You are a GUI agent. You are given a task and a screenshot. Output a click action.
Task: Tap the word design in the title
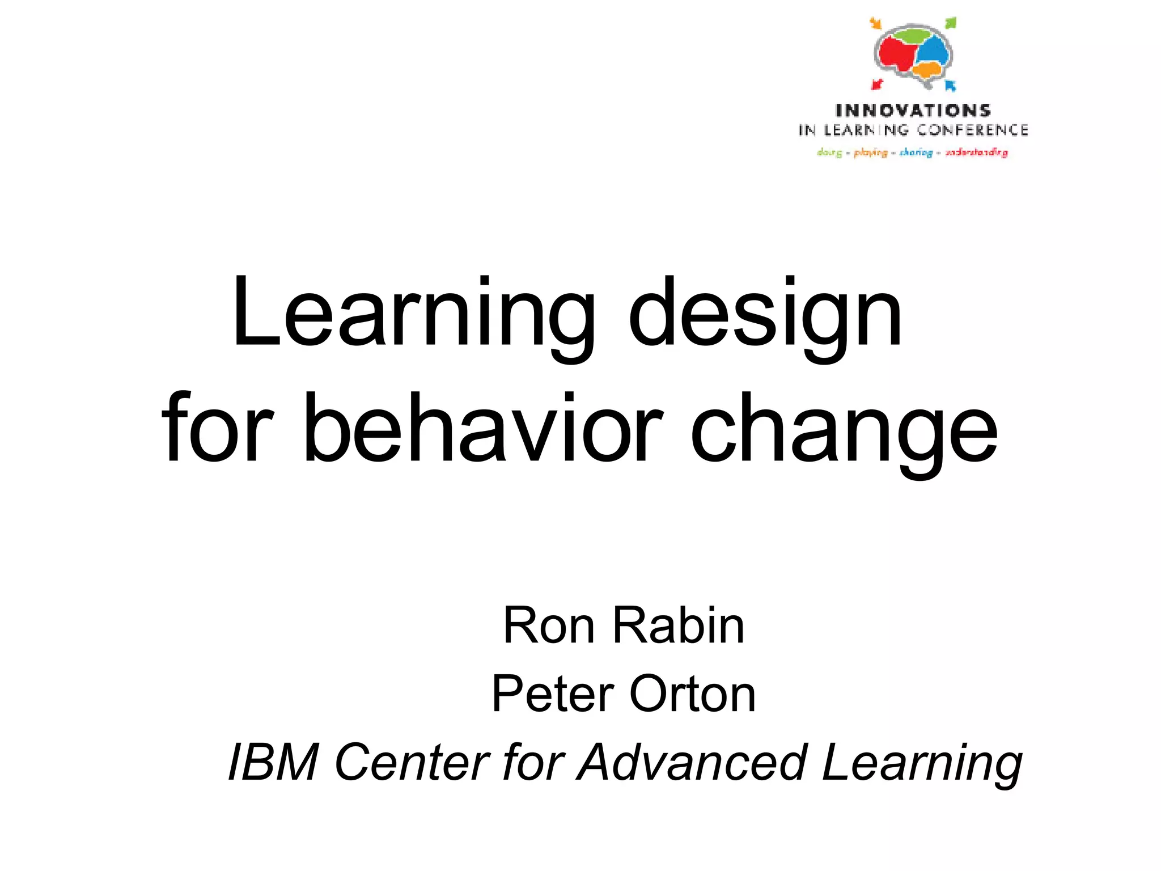pyautogui.click(x=765, y=315)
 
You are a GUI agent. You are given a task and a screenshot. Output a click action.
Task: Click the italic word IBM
pyautogui.click(x=273, y=763)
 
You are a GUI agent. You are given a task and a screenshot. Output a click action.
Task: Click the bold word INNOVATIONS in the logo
pyautogui.click(x=913, y=111)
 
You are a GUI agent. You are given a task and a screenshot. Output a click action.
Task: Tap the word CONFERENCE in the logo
pyautogui.click(x=973, y=130)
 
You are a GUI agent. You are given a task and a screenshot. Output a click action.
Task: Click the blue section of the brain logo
pyautogui.click(x=933, y=52)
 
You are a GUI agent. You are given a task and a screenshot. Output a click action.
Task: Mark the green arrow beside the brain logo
pyautogui.click(x=951, y=23)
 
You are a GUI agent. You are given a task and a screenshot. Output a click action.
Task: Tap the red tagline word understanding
pyautogui.click(x=976, y=153)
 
